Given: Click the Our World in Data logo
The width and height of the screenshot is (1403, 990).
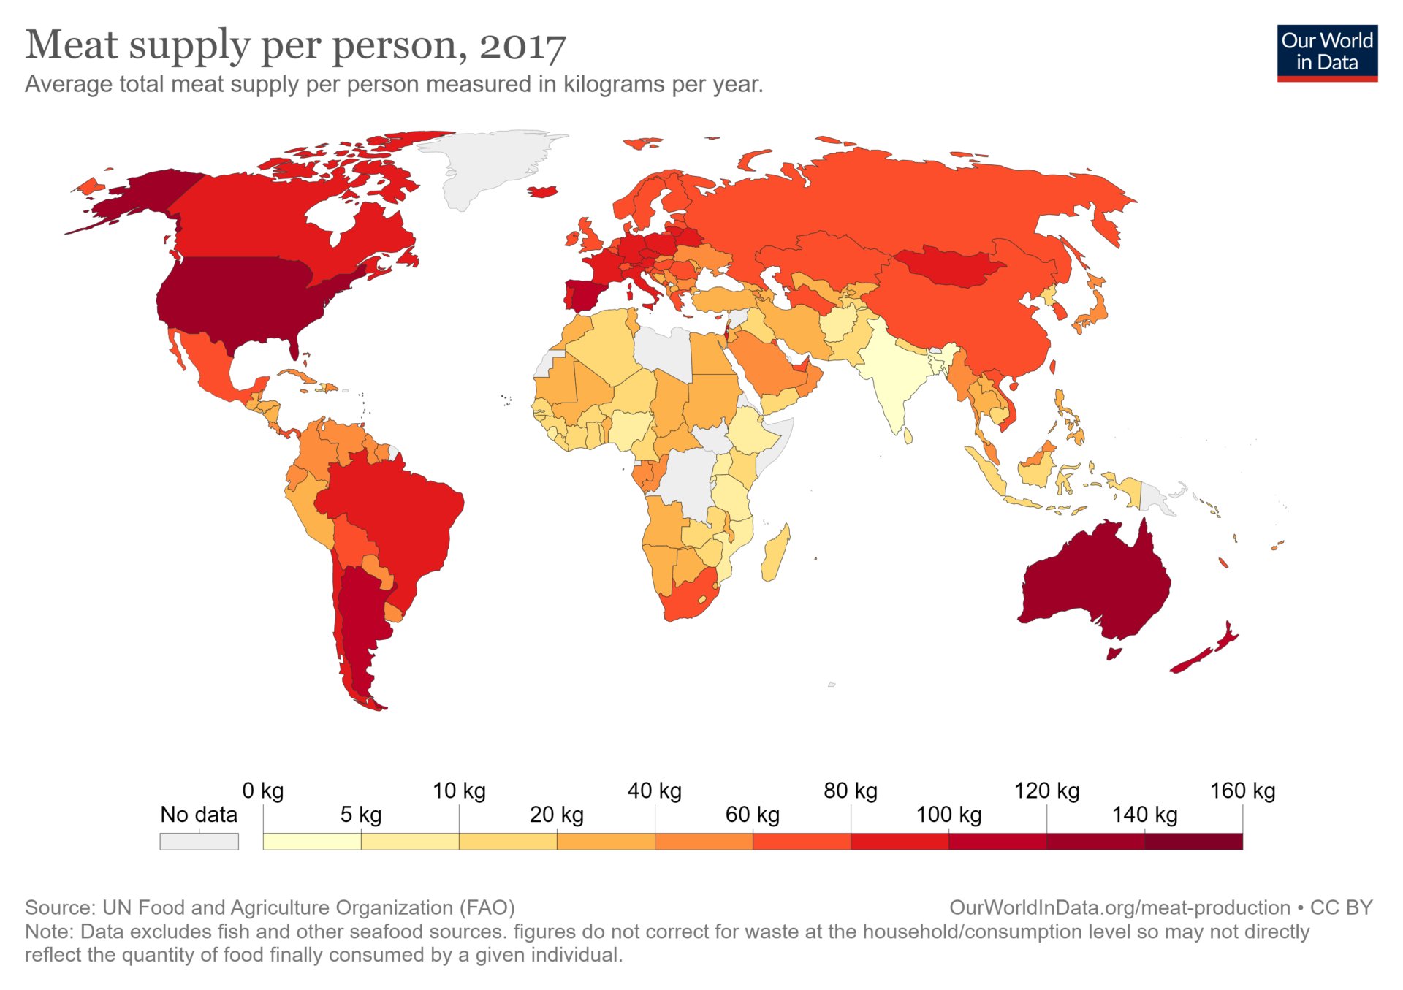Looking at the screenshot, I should [x=1327, y=53].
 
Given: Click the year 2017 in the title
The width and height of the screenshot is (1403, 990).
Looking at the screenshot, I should [x=522, y=46].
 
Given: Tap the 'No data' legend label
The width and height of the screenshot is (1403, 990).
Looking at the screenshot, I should [x=199, y=814].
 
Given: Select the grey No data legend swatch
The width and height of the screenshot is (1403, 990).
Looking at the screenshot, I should [x=199, y=842].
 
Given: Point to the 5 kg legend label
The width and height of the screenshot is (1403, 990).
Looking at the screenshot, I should [x=361, y=814].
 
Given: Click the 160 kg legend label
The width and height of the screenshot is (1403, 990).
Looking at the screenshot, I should [x=1242, y=791].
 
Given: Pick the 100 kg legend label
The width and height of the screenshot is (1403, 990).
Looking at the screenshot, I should [x=948, y=814].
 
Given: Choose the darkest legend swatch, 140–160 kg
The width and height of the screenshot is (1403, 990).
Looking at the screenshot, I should [x=1193, y=842].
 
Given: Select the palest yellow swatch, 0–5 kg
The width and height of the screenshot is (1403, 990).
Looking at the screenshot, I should [x=312, y=842].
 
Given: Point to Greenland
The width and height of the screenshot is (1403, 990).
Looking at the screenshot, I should [x=490, y=164].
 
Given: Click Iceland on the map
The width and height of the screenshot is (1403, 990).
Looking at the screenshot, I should [x=543, y=191].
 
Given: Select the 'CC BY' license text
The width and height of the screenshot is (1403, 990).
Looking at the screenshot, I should [x=1341, y=907].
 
